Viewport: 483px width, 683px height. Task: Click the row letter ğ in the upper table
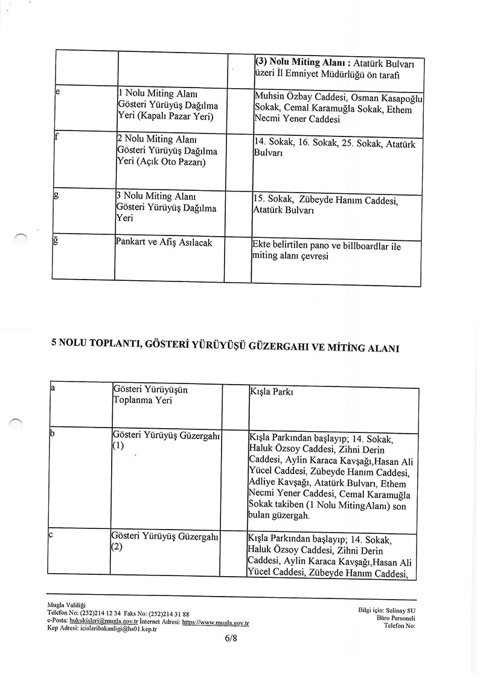point(57,242)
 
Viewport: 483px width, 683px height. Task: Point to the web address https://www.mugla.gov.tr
point(216,621)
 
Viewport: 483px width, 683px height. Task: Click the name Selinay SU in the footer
point(402,610)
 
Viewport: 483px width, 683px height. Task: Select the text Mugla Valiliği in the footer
point(66,604)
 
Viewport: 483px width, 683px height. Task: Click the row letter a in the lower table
point(53,390)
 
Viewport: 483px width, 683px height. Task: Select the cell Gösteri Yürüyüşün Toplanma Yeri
point(150,395)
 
